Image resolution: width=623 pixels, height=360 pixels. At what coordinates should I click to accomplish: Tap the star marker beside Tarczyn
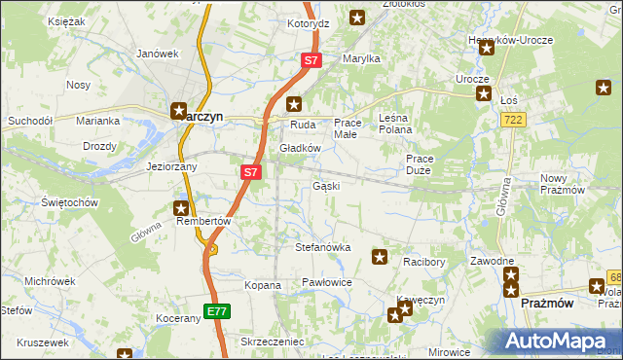click(179, 112)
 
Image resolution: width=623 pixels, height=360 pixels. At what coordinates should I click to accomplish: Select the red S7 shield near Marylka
click(310, 60)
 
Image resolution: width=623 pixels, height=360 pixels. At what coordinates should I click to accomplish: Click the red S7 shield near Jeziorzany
click(250, 172)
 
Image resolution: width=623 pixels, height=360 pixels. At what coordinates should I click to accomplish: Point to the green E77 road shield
click(217, 311)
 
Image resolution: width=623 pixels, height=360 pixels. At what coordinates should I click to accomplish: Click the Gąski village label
click(325, 186)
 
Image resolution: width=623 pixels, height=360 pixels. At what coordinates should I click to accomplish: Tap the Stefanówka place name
click(322, 247)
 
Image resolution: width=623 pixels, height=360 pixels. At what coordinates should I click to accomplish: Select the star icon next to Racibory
click(380, 257)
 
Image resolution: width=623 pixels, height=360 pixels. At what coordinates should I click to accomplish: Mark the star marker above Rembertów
click(181, 207)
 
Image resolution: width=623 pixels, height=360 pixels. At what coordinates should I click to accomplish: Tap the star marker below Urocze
click(484, 93)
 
